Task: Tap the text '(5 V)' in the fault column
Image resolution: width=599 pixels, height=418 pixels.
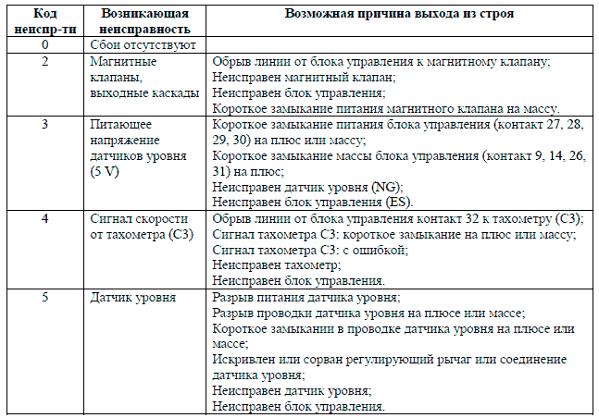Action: point(107,170)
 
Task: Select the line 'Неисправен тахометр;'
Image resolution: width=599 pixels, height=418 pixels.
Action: point(277,265)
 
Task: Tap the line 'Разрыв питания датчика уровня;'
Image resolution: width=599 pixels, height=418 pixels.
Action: point(306,298)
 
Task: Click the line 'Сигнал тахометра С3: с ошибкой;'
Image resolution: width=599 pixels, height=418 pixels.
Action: point(309,250)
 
